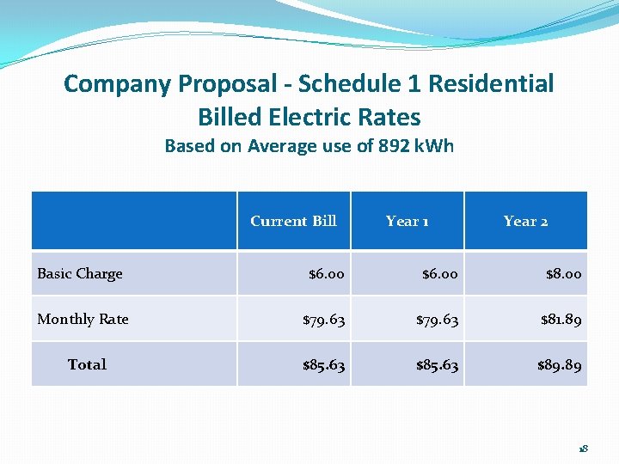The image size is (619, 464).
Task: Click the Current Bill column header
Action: pos(293,221)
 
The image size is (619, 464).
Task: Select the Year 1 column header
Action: pos(408,221)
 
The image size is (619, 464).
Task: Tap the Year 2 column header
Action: pos(525,221)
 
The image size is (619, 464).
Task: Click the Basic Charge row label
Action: pos(80,273)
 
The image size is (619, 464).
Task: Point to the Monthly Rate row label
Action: pos(83,319)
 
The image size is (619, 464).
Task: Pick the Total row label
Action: pos(87,364)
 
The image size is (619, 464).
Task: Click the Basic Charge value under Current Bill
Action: pos(327,274)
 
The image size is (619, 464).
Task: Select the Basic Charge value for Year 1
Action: pos(440,274)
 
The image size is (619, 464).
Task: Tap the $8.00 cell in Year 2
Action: pos(563,274)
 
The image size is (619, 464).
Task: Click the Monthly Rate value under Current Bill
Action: pos(323,320)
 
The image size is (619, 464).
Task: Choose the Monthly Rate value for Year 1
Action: pos(437,320)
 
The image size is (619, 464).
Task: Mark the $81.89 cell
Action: pos(561,320)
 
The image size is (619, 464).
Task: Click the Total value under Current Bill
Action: pos(323,365)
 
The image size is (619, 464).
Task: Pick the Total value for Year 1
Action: pos(437,365)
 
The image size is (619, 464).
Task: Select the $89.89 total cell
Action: pos(560,365)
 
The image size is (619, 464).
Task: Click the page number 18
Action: pos(583,449)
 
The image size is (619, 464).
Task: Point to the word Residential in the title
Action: pos(491,84)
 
